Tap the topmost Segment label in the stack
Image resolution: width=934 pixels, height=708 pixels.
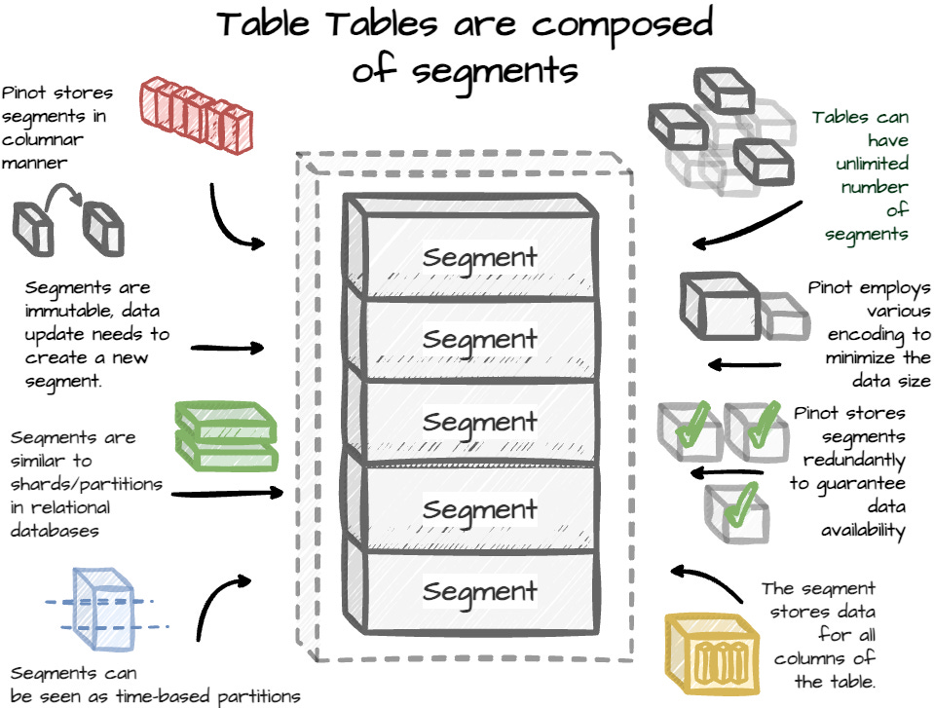point(479,258)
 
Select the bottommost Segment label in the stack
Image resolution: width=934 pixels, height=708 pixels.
point(479,590)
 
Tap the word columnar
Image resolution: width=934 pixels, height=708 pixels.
point(42,139)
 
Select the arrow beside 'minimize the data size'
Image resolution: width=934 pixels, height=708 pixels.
point(745,365)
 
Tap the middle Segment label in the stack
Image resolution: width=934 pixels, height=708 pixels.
point(479,423)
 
